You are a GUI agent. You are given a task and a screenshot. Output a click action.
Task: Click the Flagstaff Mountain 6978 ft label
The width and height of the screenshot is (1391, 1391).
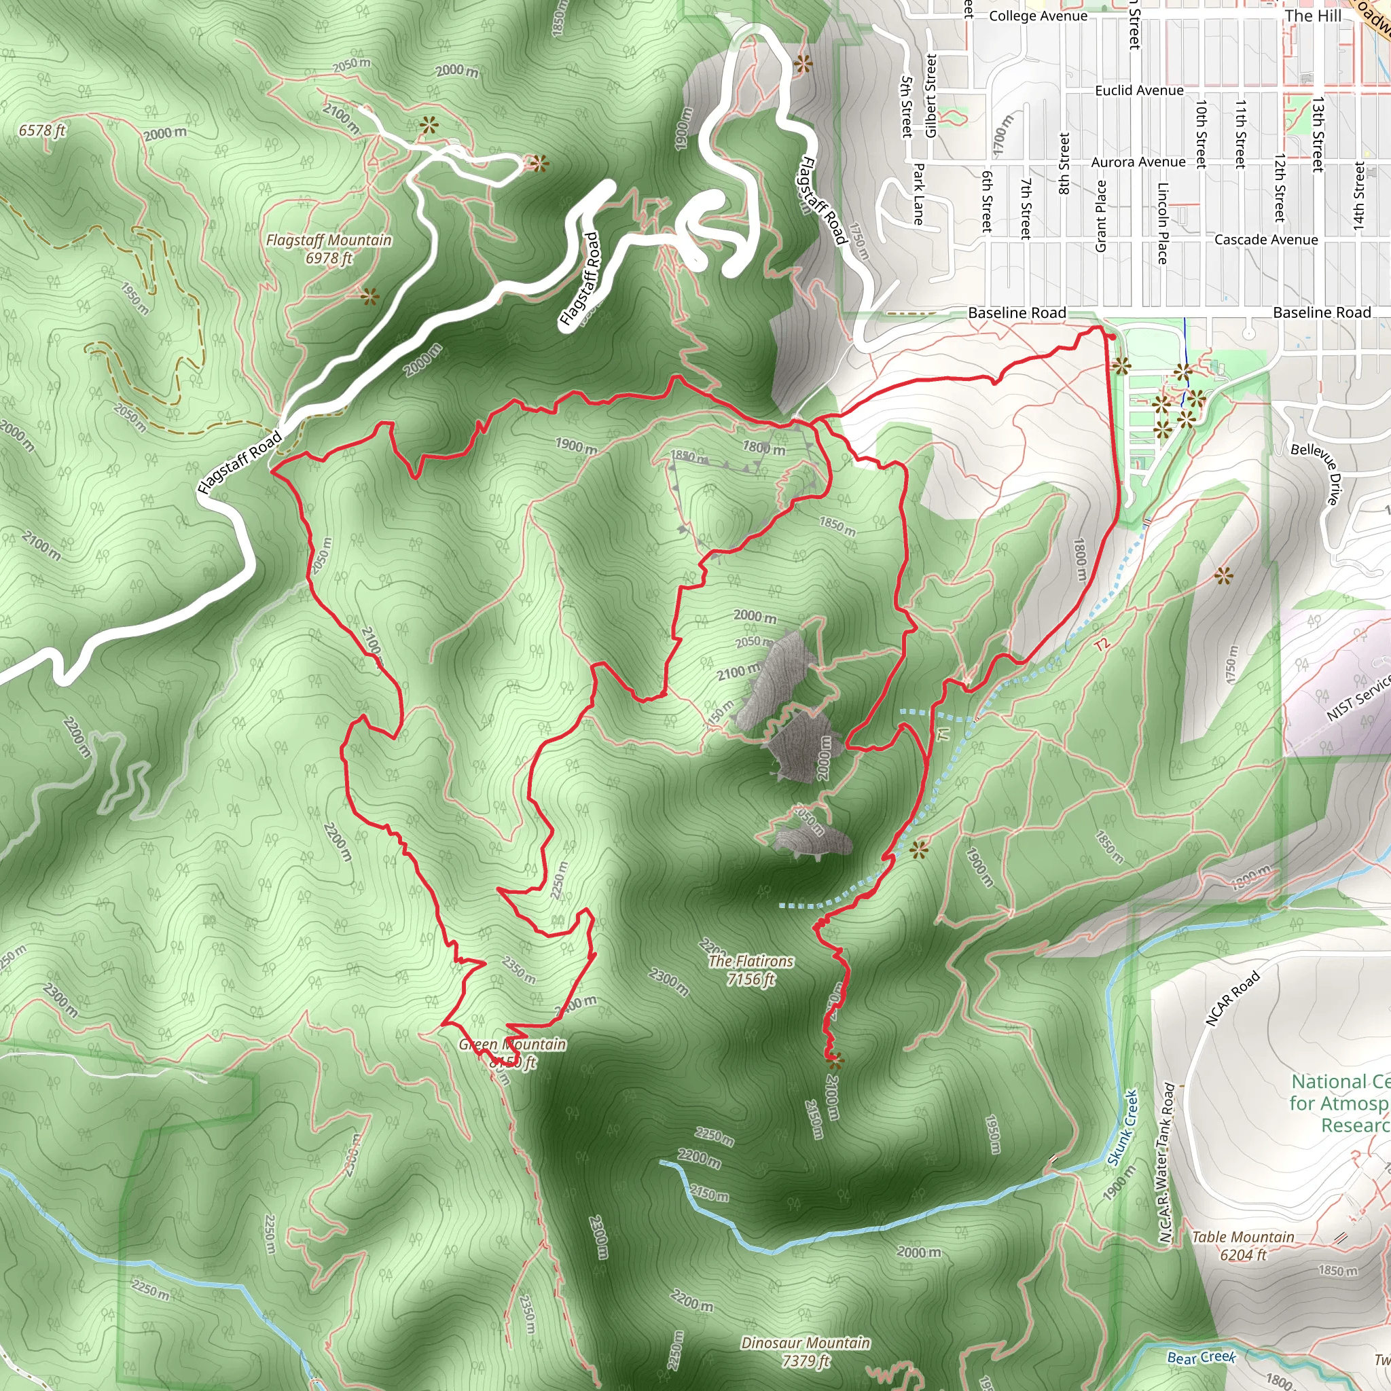coord(329,249)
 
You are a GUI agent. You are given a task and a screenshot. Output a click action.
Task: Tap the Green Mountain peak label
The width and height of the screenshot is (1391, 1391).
coord(513,1053)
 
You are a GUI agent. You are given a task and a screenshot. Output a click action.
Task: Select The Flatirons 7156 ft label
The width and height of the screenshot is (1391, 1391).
coord(751,970)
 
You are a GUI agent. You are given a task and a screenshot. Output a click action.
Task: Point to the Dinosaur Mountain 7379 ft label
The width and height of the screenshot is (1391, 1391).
coord(806,1352)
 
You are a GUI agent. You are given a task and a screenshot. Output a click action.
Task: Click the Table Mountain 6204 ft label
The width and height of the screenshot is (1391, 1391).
coord(1243,1246)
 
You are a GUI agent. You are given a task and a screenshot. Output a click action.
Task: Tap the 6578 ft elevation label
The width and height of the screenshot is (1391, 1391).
coord(41,130)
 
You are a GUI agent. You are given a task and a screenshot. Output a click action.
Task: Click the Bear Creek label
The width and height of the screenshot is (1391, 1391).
coord(1201,1358)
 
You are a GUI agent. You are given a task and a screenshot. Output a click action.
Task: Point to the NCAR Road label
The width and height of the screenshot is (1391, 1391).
coord(1232,998)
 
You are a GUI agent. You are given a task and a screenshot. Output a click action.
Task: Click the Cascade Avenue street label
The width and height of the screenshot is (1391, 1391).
coord(1266,240)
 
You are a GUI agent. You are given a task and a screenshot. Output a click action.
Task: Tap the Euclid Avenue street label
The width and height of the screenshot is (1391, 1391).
coord(1139,91)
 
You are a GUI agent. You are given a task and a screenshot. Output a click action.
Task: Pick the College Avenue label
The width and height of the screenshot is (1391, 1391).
coord(1038,16)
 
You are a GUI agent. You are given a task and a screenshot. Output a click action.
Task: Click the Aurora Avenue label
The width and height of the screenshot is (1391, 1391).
coord(1138,163)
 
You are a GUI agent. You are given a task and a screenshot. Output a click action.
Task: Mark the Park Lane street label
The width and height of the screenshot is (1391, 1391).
coord(919,194)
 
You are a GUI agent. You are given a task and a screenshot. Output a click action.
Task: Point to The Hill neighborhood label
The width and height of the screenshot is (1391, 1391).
coord(1312,16)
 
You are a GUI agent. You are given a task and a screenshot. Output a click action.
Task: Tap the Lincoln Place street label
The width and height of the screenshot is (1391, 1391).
coord(1162,223)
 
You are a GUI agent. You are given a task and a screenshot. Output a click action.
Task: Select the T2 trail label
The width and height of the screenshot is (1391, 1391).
coord(1102,645)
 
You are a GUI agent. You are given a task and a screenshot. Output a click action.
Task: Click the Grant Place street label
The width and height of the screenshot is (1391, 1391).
coord(1101,216)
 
